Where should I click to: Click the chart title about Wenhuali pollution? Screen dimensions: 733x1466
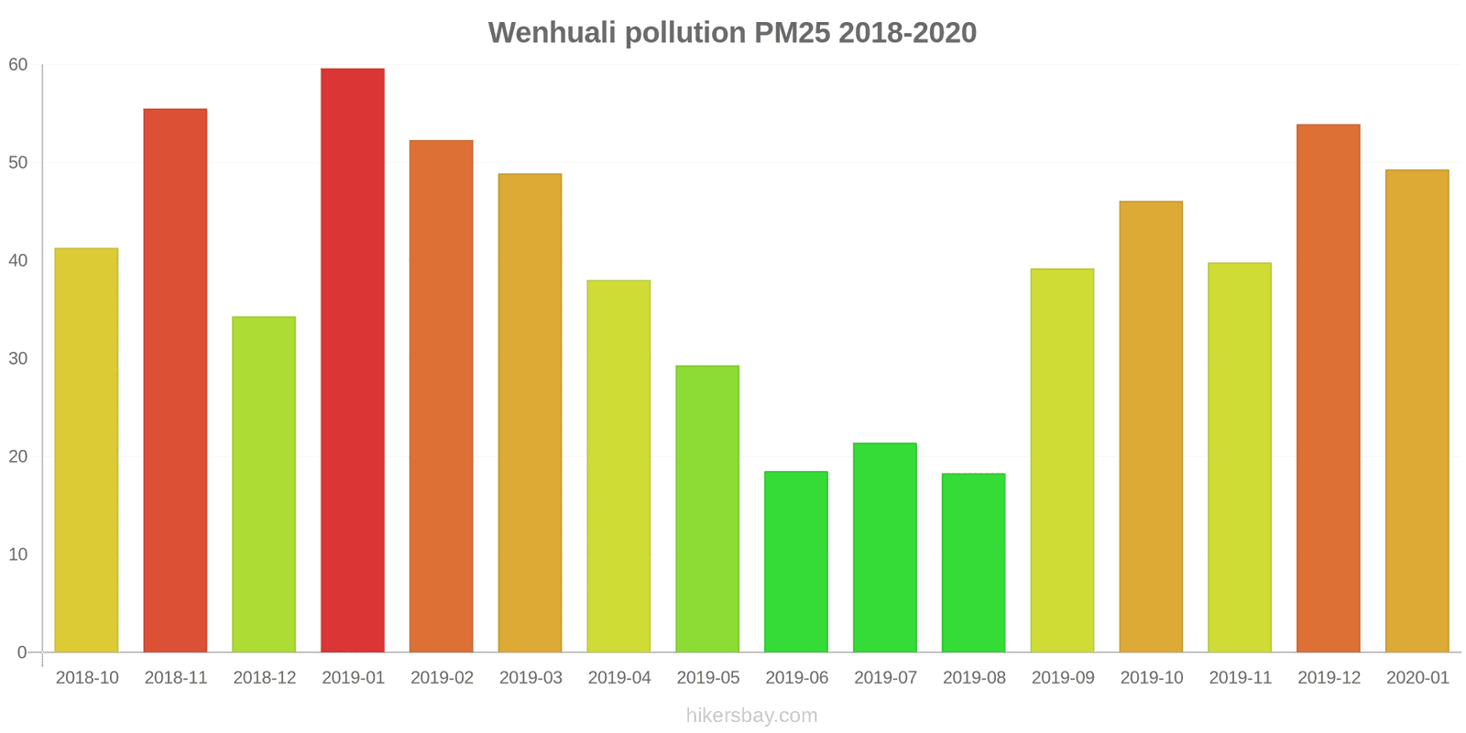(732, 33)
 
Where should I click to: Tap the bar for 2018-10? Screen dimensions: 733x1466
(86, 450)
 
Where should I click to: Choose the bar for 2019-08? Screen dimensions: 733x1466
(973, 563)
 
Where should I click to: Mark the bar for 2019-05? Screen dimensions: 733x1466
(707, 509)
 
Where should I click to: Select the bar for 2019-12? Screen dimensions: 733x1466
(1328, 388)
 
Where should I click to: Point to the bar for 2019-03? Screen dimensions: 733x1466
(530, 412)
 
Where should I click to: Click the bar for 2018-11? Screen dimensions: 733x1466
(175, 380)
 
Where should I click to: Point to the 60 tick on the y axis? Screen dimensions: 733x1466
(18, 65)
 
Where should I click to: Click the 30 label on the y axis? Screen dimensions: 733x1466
(18, 359)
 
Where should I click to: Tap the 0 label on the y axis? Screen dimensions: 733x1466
(22, 653)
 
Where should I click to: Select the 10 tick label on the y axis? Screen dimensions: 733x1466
(18, 555)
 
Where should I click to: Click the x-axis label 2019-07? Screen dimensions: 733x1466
(885, 678)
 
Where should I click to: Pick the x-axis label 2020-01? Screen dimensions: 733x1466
(1417, 678)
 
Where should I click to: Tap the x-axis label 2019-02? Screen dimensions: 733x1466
(442, 678)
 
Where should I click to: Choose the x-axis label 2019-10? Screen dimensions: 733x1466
(1151, 678)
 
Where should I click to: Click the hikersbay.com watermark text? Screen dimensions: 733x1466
(751, 716)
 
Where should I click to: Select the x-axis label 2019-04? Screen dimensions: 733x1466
(619, 678)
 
